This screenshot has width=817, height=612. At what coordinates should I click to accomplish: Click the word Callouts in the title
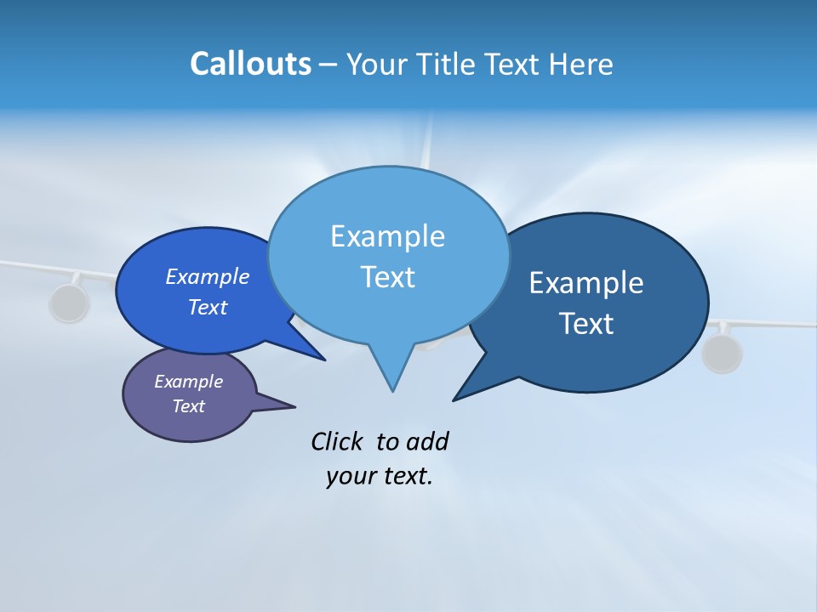point(250,64)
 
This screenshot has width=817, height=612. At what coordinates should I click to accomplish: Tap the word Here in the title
point(581,64)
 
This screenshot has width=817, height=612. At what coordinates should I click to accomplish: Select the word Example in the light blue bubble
point(387,236)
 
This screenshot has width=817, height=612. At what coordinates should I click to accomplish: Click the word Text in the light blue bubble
point(387,277)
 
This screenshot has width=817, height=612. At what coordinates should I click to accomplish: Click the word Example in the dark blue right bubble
point(586,283)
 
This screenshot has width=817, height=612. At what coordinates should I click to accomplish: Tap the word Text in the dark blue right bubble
point(586,324)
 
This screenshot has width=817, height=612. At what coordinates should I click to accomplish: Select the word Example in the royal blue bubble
point(207,276)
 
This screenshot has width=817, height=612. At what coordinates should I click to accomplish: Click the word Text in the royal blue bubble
point(207,307)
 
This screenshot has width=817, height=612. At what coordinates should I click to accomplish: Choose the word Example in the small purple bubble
point(188,382)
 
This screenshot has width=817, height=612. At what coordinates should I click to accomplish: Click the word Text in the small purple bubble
point(188,406)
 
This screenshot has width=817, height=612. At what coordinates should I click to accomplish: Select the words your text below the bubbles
point(380,476)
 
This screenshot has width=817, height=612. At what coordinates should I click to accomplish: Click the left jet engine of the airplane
point(68,303)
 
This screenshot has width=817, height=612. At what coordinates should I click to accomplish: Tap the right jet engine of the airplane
point(722,353)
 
